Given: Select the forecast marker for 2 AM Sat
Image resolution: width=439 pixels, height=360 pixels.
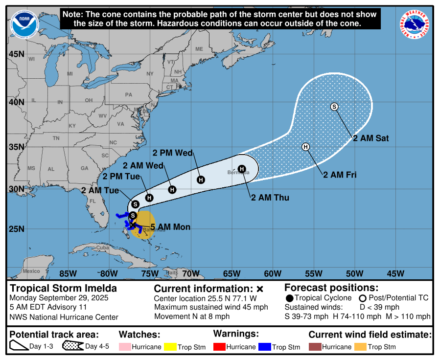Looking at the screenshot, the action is point(334,107).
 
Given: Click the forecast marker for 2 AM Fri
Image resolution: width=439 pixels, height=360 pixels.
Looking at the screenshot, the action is point(306,147).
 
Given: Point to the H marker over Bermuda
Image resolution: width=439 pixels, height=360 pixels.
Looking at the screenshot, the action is point(241,169).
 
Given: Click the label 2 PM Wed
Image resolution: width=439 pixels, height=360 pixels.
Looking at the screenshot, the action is point(173,153).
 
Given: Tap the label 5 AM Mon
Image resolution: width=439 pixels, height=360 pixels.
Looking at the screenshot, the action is point(170,227).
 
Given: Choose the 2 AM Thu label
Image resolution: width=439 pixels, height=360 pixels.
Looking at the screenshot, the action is point(270,198).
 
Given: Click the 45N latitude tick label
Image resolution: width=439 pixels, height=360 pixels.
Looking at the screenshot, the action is point(16,54).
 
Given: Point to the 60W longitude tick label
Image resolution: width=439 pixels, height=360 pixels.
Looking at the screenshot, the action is point(272,273).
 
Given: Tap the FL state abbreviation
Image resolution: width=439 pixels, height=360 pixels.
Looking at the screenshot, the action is point(92,201).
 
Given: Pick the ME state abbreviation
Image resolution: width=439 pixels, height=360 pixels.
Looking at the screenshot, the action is point(199,49).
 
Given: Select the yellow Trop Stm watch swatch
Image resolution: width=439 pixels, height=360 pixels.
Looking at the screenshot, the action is point(170,347).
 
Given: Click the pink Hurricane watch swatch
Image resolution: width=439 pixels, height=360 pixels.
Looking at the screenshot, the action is point(125,347).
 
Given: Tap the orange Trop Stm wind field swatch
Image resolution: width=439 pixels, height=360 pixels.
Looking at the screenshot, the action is point(360,347).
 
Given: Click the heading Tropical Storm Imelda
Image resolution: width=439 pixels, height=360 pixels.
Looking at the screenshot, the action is point(64,288).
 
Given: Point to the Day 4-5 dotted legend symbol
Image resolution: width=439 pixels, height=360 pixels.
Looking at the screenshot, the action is point(72,347).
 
